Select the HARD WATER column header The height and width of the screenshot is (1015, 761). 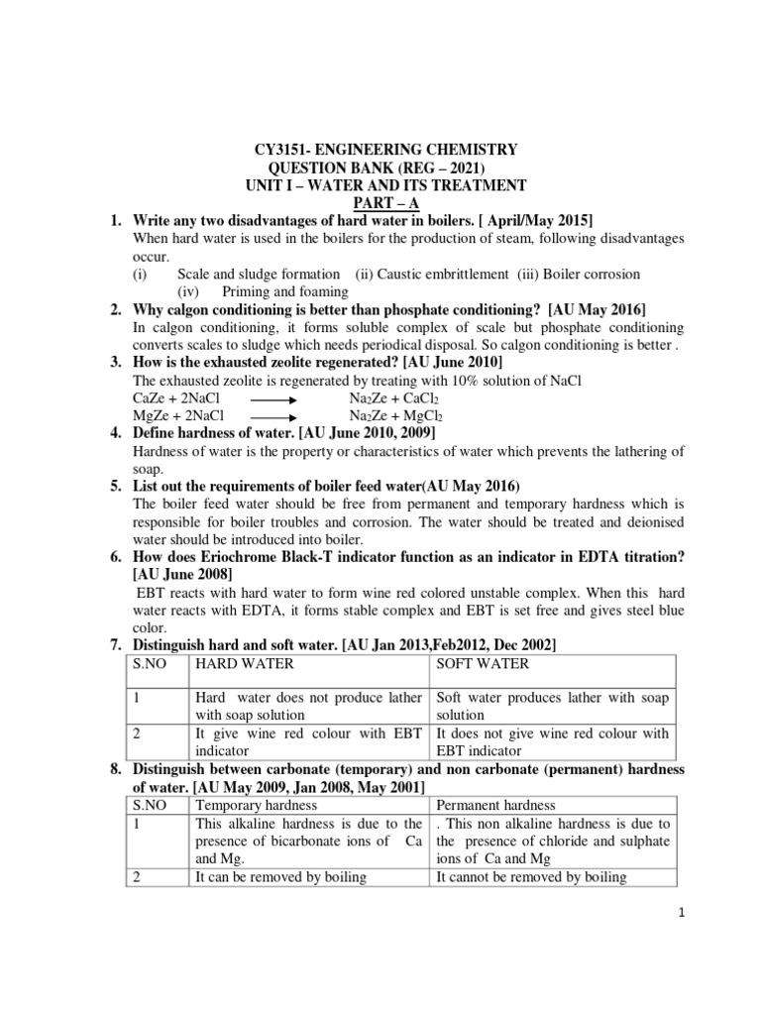pos(242,664)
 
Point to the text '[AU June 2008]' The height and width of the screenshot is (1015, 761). pos(182,574)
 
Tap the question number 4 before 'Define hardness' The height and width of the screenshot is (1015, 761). pos(116,433)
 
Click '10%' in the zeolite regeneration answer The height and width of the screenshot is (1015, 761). pos(482,380)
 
